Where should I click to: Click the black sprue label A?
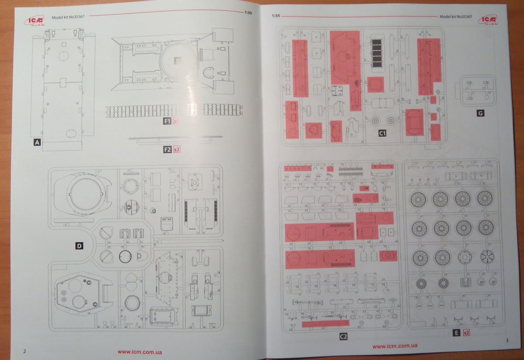click(x=37, y=142)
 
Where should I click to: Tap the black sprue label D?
click(x=79, y=246)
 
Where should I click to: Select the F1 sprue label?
click(x=167, y=121)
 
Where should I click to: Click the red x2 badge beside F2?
click(x=177, y=149)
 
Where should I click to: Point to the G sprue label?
click(x=480, y=113)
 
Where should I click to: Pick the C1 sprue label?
click(x=382, y=133)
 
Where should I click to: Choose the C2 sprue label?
click(x=344, y=336)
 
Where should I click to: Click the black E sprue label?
click(x=456, y=333)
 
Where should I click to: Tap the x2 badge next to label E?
click(x=466, y=333)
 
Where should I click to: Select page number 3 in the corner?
click(x=507, y=340)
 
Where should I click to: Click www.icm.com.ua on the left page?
click(x=140, y=352)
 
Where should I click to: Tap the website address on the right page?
click(x=395, y=346)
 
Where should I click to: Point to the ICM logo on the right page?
click(x=487, y=20)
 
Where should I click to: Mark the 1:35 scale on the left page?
click(x=248, y=13)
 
